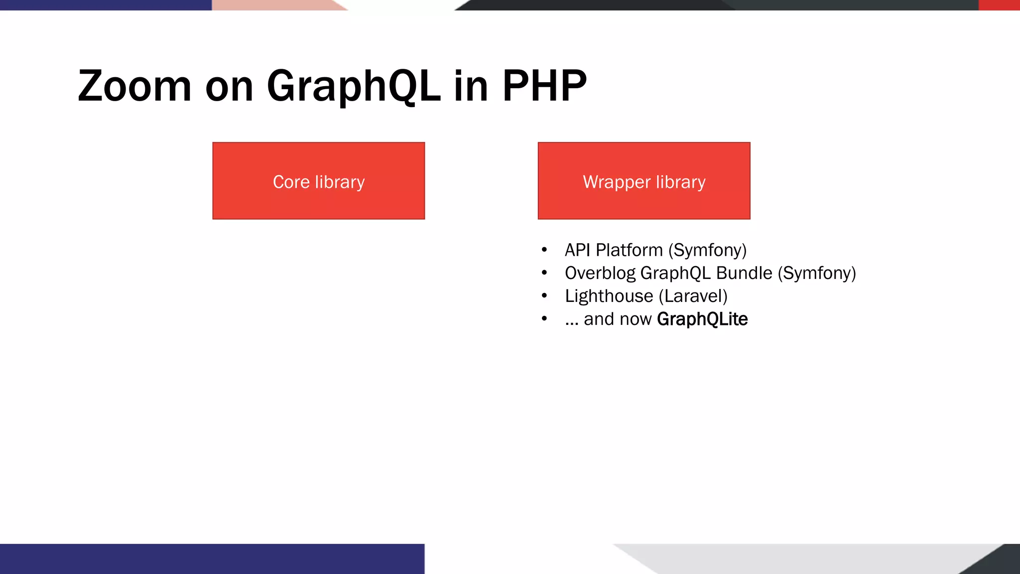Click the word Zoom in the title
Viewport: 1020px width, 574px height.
coord(134,86)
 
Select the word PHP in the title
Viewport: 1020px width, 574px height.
coord(544,86)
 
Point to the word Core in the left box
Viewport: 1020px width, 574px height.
coord(291,182)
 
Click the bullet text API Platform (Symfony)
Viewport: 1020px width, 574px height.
coord(655,250)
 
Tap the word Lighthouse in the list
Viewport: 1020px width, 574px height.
coord(609,296)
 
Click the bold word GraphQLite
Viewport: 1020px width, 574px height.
coord(702,319)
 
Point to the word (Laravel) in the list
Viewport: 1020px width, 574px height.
coord(693,296)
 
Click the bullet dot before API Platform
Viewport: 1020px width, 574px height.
coord(544,250)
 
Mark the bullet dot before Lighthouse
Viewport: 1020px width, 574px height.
coord(544,296)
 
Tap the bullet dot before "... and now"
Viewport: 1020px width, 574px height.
coord(544,319)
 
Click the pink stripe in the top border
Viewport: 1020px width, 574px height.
coord(274,5)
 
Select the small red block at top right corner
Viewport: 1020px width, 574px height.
coord(999,5)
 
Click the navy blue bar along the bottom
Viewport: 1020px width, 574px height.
coord(212,559)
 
